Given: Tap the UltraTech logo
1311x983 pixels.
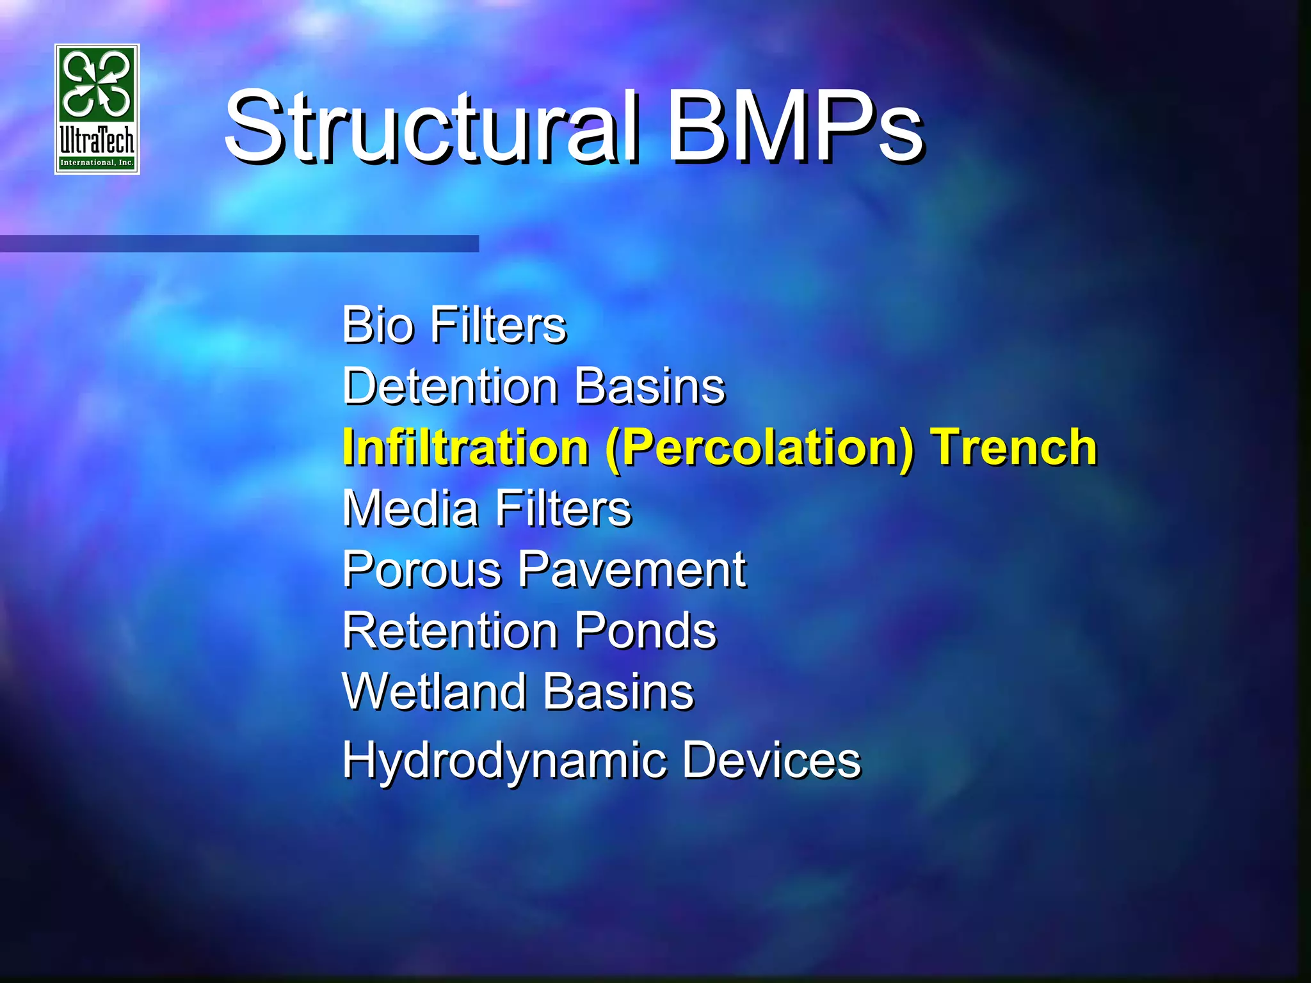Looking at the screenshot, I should click(97, 109).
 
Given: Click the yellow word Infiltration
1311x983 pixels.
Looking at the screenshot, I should click(465, 447).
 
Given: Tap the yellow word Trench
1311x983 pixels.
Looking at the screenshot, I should click(1014, 447).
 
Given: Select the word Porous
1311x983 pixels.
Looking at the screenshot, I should click(422, 570).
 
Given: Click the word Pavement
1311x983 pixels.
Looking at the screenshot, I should click(631, 570).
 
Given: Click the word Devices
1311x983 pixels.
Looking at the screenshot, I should click(771, 760).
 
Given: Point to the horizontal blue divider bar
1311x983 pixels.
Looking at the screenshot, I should click(239, 243).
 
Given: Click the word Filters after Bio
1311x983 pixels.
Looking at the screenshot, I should click(498, 325).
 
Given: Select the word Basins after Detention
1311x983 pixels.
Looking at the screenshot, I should click(650, 387).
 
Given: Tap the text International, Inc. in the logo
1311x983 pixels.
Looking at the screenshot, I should click(97, 163).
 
